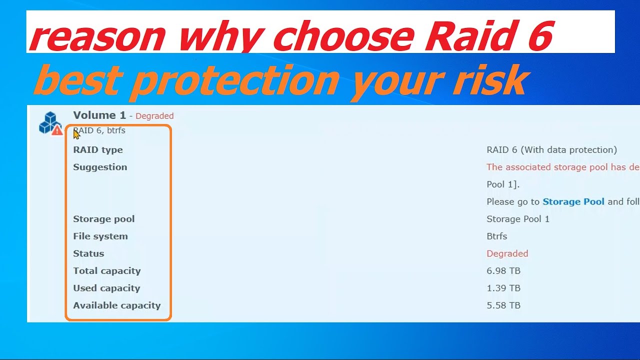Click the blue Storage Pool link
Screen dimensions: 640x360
[x=573, y=201]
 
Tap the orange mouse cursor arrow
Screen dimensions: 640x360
[x=76, y=134]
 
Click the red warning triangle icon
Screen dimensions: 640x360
[x=57, y=130]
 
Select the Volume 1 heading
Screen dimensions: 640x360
[x=99, y=115]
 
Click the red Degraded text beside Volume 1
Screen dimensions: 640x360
[x=154, y=116]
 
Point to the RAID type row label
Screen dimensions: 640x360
[x=97, y=150]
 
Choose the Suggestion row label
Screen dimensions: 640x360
[x=100, y=167]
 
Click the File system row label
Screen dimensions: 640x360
[x=100, y=236]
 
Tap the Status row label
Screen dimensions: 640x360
[x=88, y=253]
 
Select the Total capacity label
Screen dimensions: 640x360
[x=107, y=271]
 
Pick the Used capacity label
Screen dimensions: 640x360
[x=106, y=288]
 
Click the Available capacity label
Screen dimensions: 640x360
[x=117, y=305]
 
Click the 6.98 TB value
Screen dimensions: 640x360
[x=503, y=271]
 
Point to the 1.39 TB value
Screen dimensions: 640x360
[x=503, y=288]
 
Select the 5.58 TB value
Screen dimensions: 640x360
[x=503, y=305]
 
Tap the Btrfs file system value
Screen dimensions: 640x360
[x=497, y=236]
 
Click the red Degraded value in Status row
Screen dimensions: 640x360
[x=507, y=253]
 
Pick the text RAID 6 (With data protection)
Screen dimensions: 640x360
[x=551, y=150]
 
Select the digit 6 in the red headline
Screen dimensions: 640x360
[x=540, y=35]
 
